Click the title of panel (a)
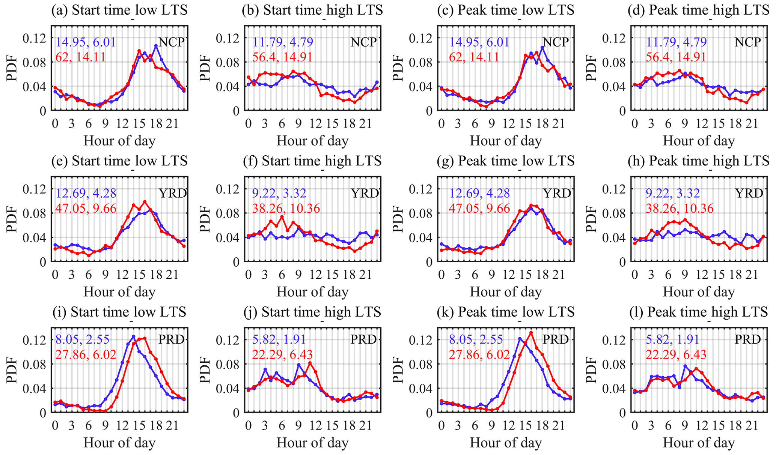point(119,10)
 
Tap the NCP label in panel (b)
point(363,42)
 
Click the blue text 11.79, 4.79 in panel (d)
point(676,42)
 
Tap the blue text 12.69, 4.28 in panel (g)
point(479,193)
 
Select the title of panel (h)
point(699,161)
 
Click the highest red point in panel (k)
point(531,332)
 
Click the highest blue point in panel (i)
point(133,336)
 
